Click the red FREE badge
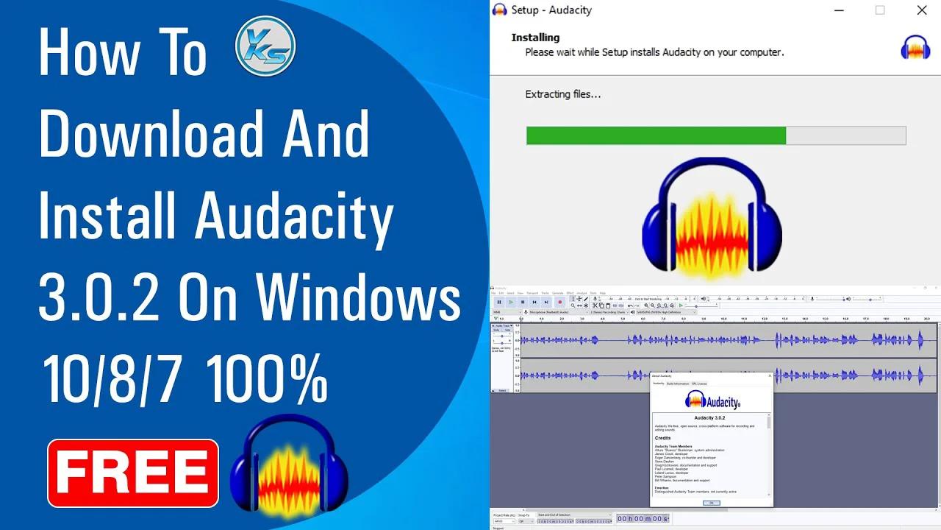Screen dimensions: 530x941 133,473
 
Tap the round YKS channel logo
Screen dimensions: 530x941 265,46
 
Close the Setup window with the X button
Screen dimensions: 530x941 921,10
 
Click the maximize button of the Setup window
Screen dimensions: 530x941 880,10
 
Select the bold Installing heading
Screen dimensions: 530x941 535,38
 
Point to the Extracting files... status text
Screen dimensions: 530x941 563,94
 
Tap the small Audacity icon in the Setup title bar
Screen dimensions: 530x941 500,10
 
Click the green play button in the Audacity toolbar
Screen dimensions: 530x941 511,302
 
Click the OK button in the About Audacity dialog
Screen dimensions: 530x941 711,503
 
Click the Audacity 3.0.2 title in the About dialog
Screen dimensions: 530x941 710,417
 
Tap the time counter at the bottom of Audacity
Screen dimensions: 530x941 642,519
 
